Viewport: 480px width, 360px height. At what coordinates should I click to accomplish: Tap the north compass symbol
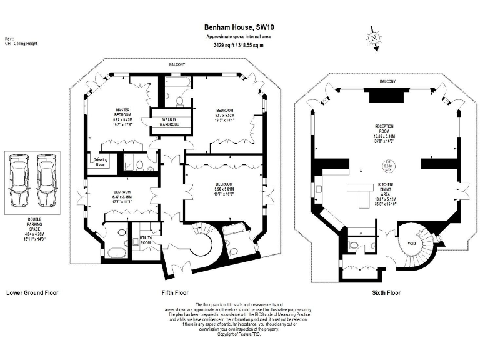(374, 39)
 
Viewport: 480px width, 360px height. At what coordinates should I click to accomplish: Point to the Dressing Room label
(99, 161)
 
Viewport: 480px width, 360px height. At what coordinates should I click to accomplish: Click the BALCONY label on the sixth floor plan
(388, 81)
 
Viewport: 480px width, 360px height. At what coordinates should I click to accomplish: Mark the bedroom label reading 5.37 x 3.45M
(122, 196)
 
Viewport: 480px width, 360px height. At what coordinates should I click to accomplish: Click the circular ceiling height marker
(388, 165)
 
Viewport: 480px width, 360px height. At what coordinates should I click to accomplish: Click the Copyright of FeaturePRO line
(239, 335)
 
